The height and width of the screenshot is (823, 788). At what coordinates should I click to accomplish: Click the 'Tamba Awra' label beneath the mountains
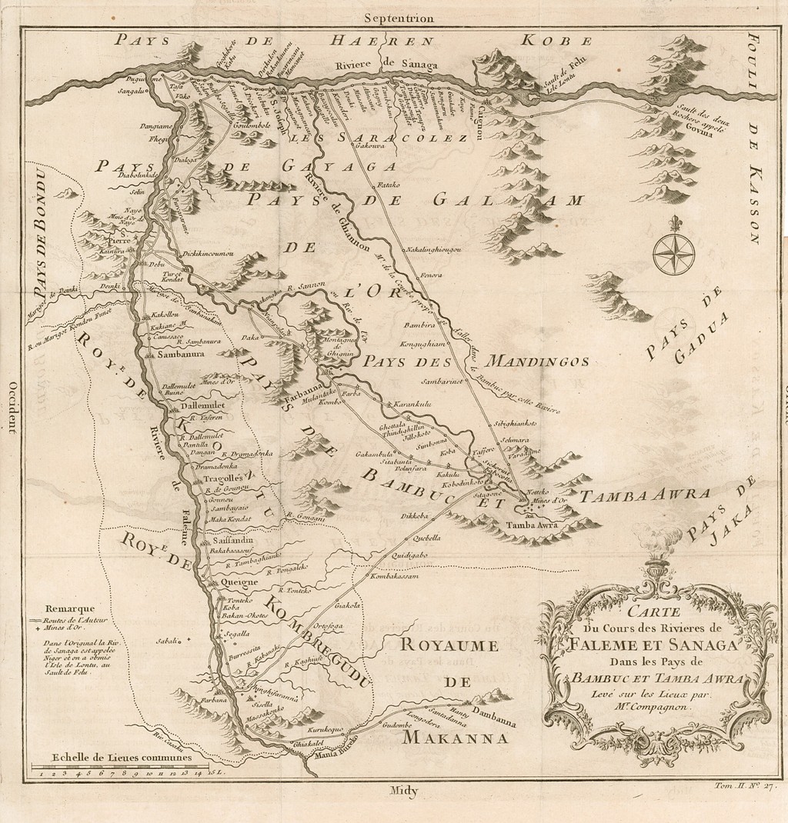coord(525,525)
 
